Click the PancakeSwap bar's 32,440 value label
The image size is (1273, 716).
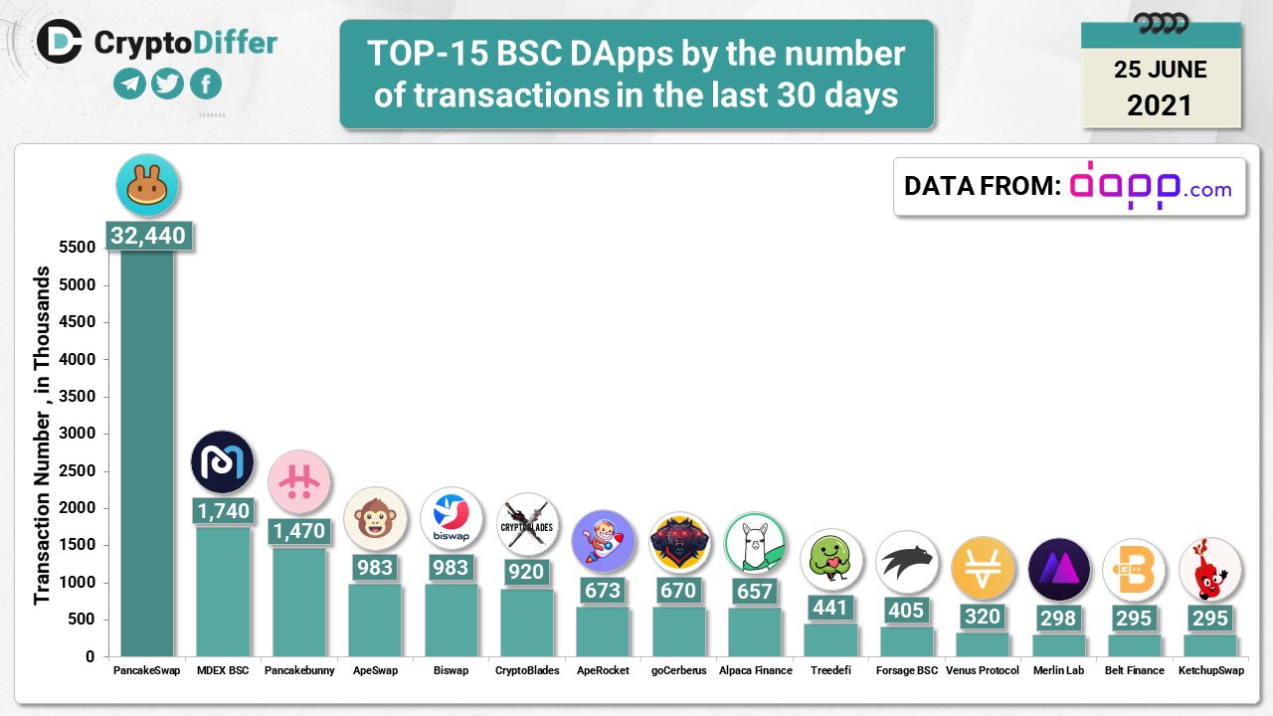pyautogui.click(x=147, y=237)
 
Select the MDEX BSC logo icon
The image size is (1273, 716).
pyautogui.click(x=222, y=462)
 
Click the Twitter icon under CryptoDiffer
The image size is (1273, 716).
pyautogui.click(x=167, y=84)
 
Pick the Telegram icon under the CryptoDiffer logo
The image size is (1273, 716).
pyautogui.click(x=129, y=84)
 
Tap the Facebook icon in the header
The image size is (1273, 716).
pyautogui.click(x=205, y=84)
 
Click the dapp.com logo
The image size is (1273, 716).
pyautogui.click(x=1150, y=186)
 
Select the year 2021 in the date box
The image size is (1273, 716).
pyautogui.click(x=1160, y=105)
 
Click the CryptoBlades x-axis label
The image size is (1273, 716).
pyautogui.click(x=527, y=671)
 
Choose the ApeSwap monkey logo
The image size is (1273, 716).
pyautogui.click(x=375, y=518)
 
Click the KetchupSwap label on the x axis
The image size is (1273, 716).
pyautogui.click(x=1210, y=671)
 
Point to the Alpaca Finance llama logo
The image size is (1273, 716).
pyautogui.click(x=755, y=543)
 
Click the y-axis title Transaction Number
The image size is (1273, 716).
pyautogui.click(x=42, y=436)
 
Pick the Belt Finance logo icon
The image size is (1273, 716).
pyautogui.click(x=1134, y=570)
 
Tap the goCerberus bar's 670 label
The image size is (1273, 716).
pyautogui.click(x=678, y=591)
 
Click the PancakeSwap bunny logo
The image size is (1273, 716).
pyautogui.click(x=147, y=185)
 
